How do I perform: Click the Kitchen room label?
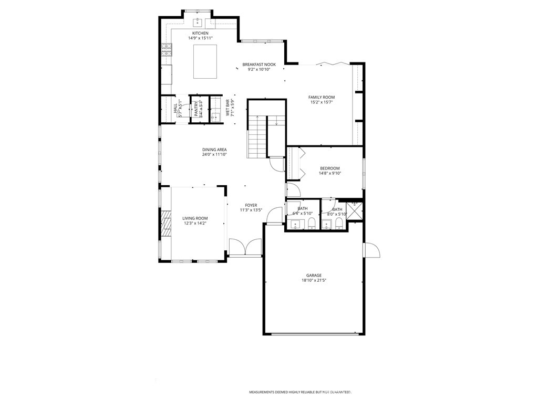point(200,33)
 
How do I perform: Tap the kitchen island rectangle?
point(205,61)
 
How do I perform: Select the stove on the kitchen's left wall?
point(167,50)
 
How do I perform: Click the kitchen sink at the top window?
point(198,22)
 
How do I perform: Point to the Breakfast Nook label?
point(259,65)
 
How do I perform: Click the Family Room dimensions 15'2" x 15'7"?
point(322,102)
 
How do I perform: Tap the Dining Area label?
point(214,150)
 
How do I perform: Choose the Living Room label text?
point(195,218)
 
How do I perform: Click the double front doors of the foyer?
point(245,248)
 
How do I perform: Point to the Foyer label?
point(251,205)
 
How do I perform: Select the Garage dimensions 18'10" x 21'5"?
point(314,281)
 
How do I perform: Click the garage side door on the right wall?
point(371,250)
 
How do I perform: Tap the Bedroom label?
point(330,168)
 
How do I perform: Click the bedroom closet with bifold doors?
point(293,163)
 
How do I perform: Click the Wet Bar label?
point(229,108)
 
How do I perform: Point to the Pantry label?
point(196,109)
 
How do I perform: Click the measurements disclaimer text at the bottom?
point(300,392)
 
